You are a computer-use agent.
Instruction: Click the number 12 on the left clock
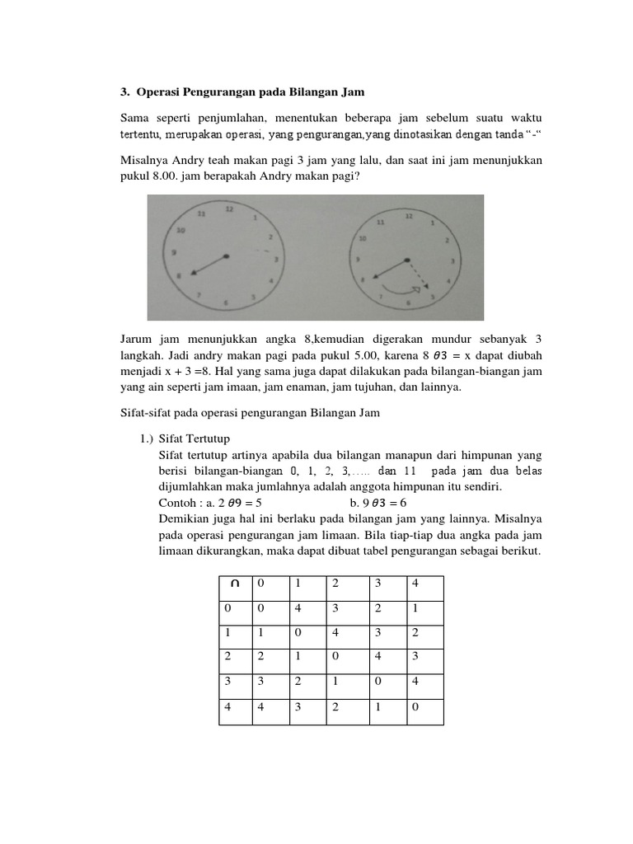[229, 209]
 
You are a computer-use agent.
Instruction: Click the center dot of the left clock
[227, 256]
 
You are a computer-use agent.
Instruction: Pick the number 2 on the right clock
[446, 240]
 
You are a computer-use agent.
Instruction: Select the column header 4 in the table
[415, 584]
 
